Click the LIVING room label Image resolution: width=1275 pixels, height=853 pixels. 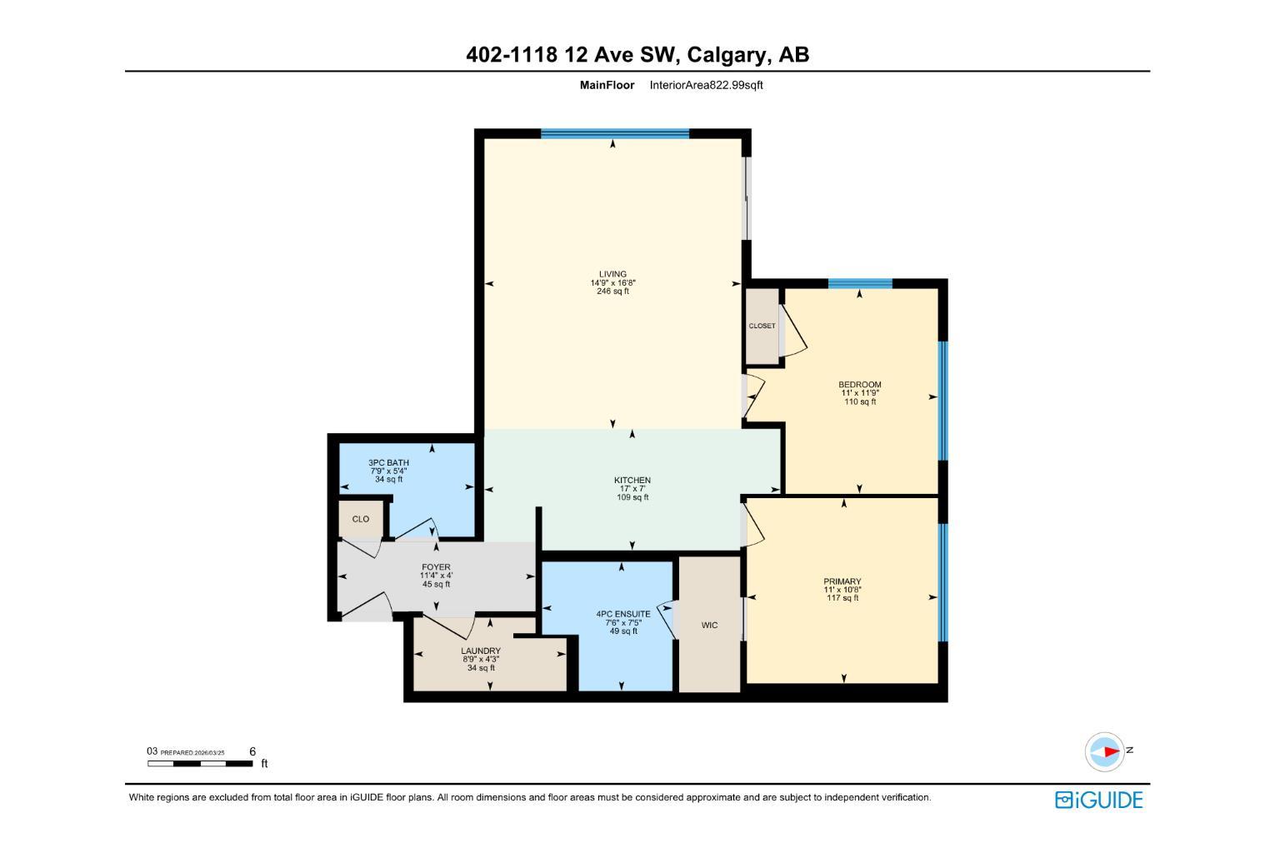[x=612, y=274]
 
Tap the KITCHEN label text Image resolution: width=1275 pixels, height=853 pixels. [x=632, y=480]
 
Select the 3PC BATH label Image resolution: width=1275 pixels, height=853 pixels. [x=388, y=462]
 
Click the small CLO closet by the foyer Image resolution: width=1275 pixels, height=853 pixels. [x=361, y=519]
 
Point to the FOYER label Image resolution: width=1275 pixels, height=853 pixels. [x=436, y=567]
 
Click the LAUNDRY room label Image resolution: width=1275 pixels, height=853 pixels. [x=481, y=651]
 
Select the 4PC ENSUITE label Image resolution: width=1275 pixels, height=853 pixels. [x=623, y=614]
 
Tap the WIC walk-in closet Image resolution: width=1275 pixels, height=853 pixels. [x=709, y=625]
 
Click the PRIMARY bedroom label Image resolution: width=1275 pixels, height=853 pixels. [x=842, y=581]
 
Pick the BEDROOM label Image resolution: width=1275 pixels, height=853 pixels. [x=859, y=385]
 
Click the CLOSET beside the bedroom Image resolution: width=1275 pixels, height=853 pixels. [x=762, y=326]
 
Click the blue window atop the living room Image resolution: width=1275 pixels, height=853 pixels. [x=615, y=133]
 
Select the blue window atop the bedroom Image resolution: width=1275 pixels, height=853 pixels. [x=860, y=284]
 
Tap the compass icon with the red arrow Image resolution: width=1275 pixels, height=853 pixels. [x=1105, y=751]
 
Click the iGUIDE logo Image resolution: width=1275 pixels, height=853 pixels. [x=1098, y=800]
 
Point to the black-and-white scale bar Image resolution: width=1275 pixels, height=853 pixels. [x=200, y=763]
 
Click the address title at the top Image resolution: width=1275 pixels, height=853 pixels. [x=637, y=55]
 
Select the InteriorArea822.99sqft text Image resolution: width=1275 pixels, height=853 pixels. [x=706, y=85]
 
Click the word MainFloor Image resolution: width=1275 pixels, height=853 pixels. [x=607, y=85]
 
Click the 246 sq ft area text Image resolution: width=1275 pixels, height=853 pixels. [x=612, y=292]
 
